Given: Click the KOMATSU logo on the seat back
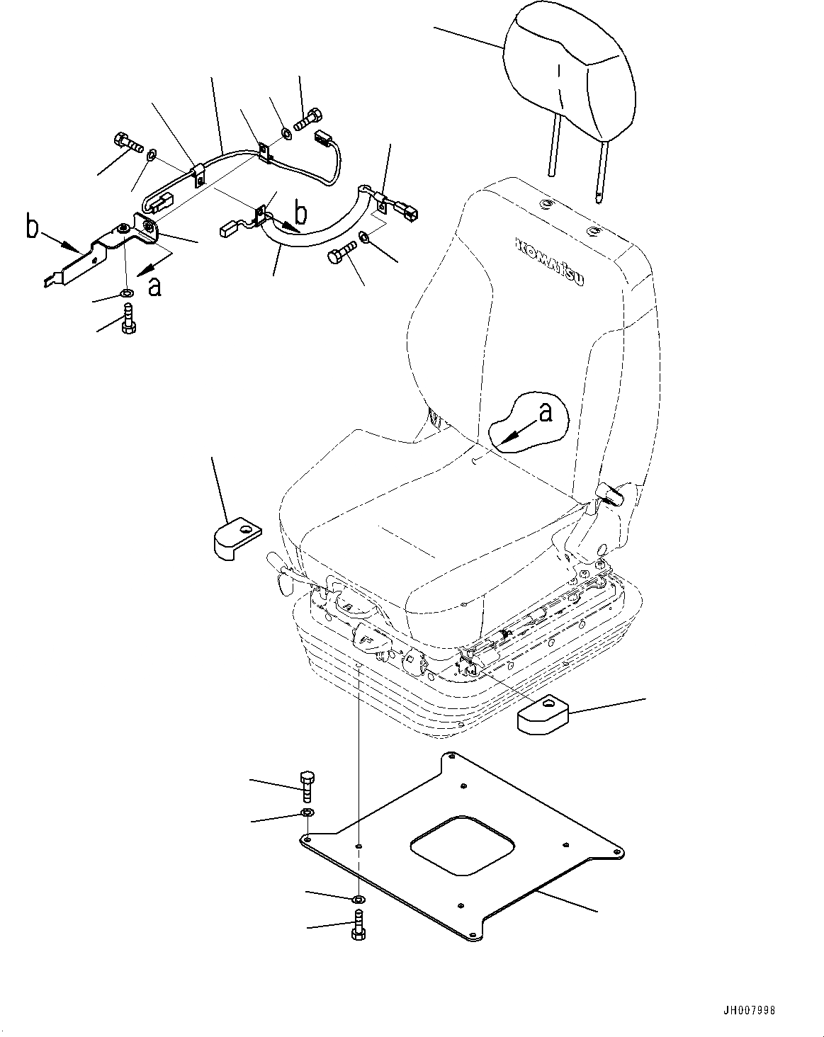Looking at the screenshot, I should pyautogui.click(x=551, y=261).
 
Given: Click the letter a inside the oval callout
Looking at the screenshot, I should pyautogui.click(x=546, y=412).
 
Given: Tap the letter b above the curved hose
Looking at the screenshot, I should pyautogui.click(x=301, y=212).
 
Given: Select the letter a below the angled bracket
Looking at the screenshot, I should pyautogui.click(x=155, y=285).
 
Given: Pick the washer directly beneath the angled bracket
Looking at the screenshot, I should pyautogui.click(x=126, y=293).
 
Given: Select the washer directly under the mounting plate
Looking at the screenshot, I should pyautogui.click(x=359, y=900).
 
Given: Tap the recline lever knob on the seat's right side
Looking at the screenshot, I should pyautogui.click(x=610, y=494).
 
